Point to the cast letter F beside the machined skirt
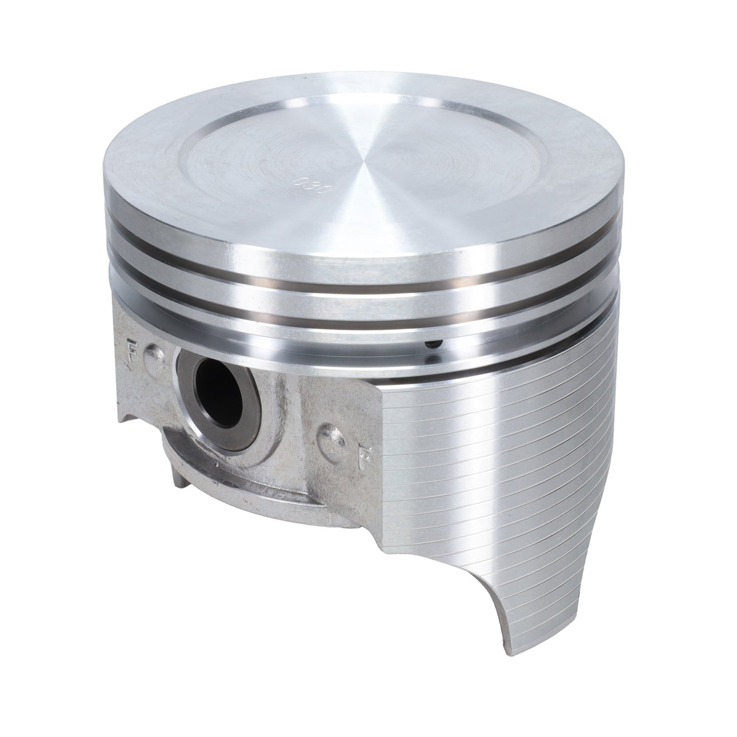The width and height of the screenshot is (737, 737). (365, 452)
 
